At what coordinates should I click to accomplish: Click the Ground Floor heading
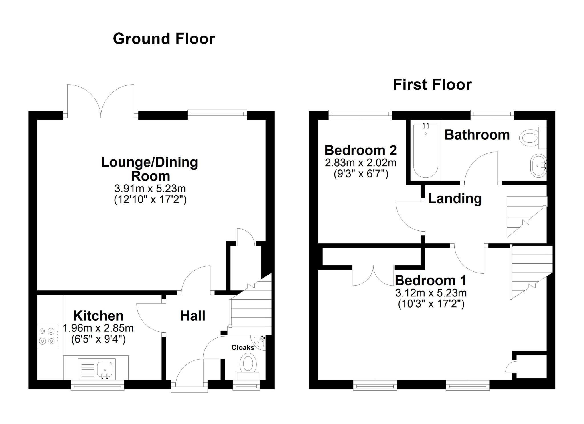click(164, 39)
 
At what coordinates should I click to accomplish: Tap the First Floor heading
click(432, 85)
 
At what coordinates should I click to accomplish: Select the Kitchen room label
click(98, 316)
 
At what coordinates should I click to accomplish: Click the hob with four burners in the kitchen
click(48, 336)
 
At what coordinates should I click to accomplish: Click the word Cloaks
click(243, 347)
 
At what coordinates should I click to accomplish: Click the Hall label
click(193, 316)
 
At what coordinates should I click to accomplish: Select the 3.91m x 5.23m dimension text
click(150, 188)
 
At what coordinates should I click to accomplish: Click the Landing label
click(455, 198)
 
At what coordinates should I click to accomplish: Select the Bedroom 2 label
click(360, 150)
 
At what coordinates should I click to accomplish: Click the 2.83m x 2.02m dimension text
click(360, 163)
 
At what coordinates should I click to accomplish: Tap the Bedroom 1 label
click(431, 280)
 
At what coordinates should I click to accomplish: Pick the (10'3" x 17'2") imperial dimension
click(431, 304)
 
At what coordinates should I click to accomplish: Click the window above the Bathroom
click(492, 114)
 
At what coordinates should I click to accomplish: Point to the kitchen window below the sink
click(97, 386)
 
